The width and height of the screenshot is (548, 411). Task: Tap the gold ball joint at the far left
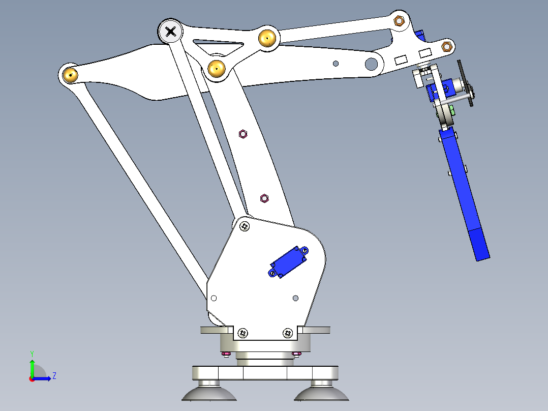[70, 75]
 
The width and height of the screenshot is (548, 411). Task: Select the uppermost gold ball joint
[267, 38]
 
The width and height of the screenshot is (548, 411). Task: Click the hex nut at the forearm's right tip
[446, 47]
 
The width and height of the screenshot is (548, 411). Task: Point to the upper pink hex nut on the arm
[243, 134]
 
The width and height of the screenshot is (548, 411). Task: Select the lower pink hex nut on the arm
[264, 197]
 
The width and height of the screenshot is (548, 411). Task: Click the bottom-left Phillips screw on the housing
[243, 333]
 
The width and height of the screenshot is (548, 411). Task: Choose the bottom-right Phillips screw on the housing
[288, 333]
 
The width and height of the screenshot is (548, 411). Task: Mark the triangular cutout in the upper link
[219, 47]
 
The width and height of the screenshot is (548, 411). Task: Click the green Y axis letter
[32, 353]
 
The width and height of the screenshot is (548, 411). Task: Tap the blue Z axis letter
[54, 376]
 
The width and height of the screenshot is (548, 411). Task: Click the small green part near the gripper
[451, 109]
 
